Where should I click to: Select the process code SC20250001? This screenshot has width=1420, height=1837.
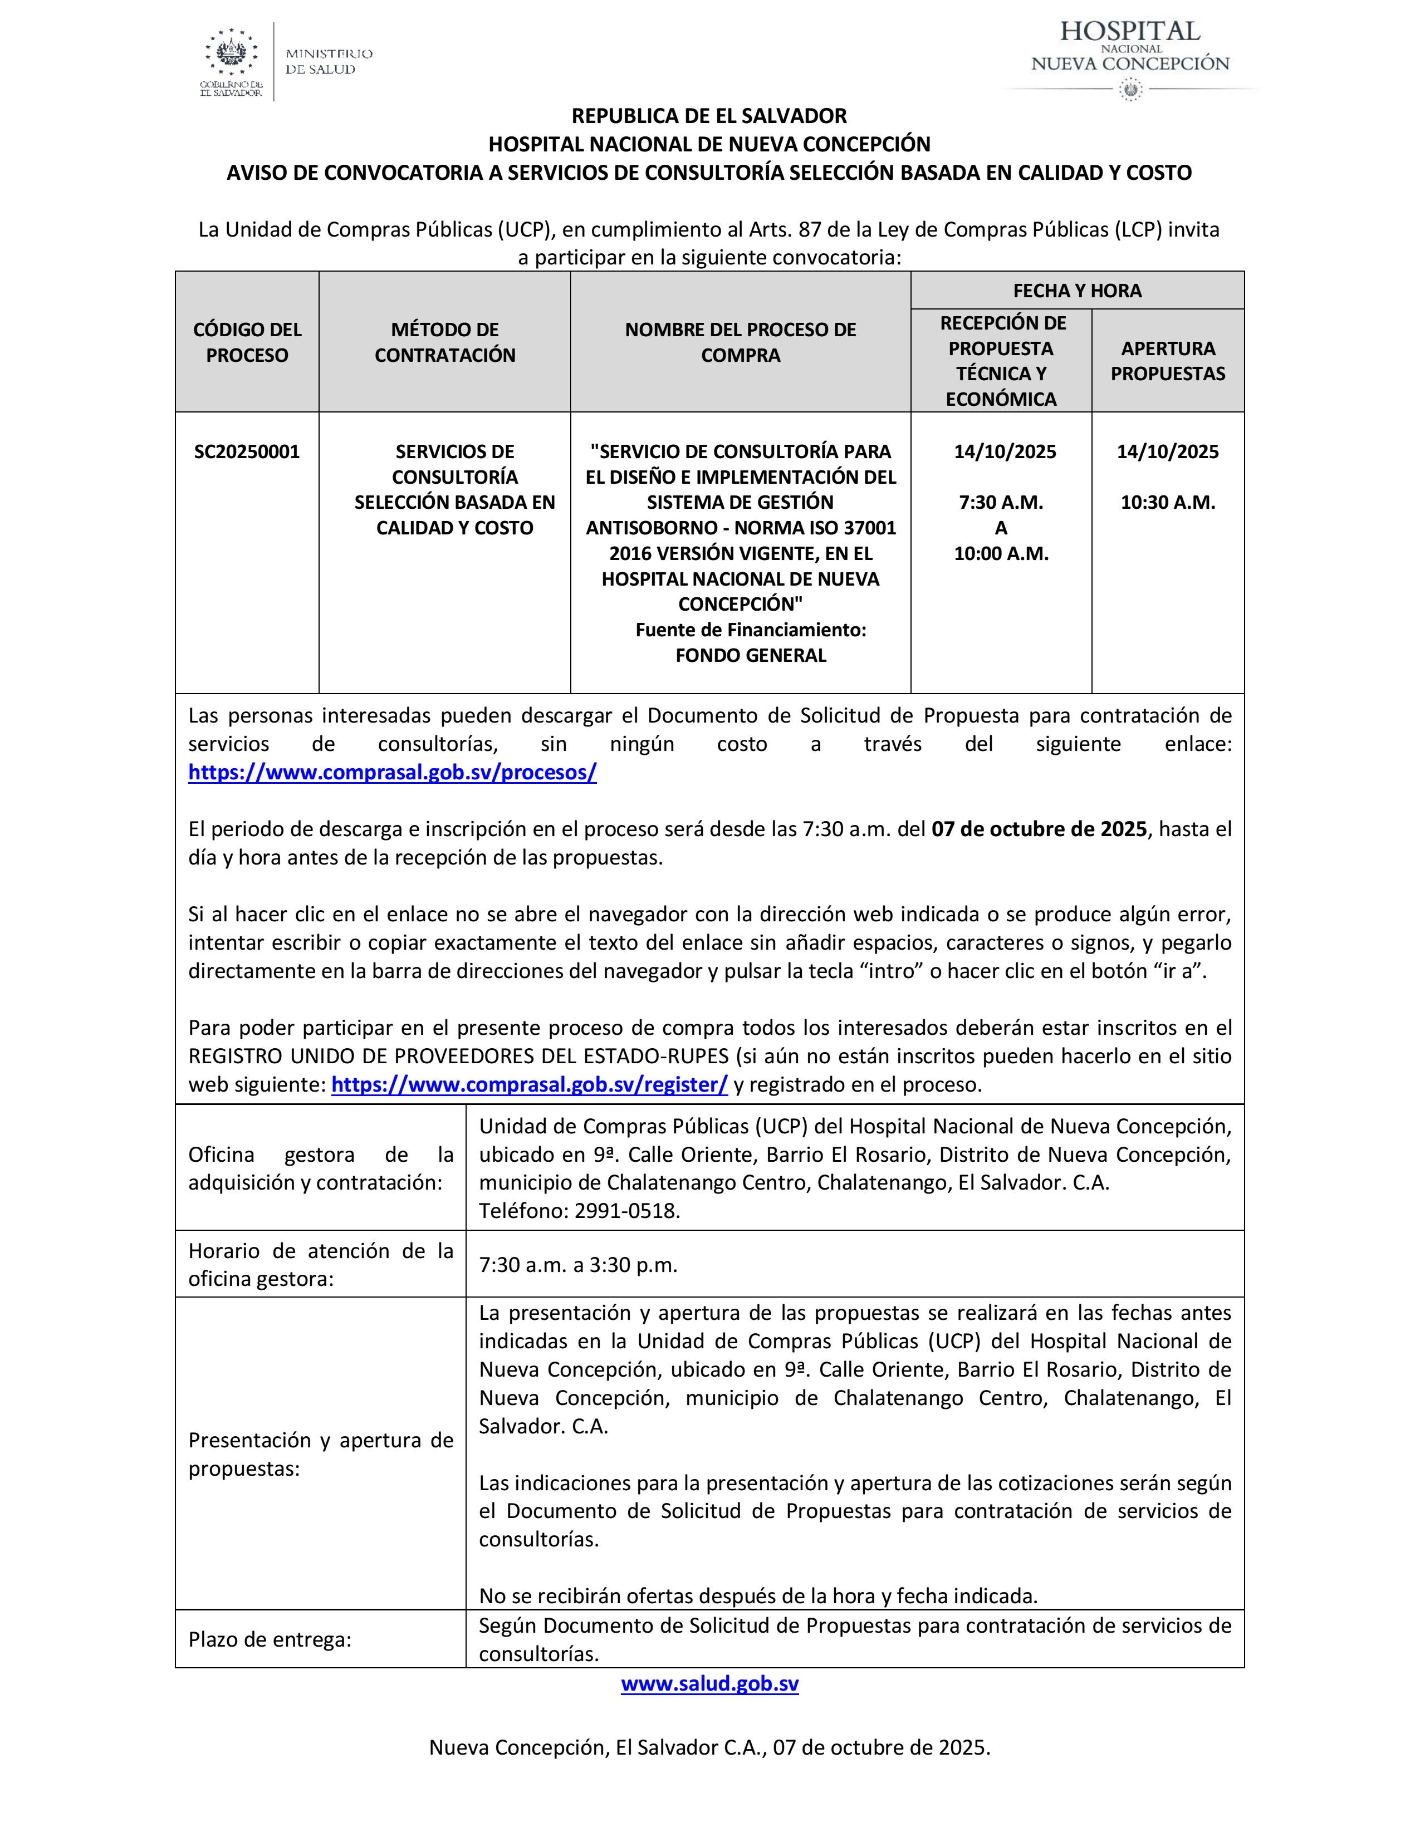coord(247,451)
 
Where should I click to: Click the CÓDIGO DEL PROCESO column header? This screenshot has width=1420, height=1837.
coord(247,342)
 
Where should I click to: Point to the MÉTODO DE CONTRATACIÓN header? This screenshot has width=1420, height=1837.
coord(444,342)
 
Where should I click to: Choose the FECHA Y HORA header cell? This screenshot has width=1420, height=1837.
coord(1077,291)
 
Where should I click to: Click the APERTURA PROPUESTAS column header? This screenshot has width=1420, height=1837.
coord(1168,361)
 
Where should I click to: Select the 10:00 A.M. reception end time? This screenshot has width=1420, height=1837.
coord(1001,553)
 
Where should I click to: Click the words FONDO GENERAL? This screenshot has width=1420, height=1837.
coord(751,655)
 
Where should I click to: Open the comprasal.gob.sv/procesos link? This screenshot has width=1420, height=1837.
coord(392,772)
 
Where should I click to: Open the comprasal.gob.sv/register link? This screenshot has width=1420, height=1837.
coord(529,1084)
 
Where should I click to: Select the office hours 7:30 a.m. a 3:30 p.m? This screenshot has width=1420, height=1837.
coord(578,1265)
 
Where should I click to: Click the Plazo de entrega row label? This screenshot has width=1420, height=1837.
coord(269,1639)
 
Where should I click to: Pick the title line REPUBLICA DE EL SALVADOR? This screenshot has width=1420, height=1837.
coord(709,115)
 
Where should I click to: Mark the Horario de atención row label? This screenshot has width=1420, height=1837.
coord(321,1264)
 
